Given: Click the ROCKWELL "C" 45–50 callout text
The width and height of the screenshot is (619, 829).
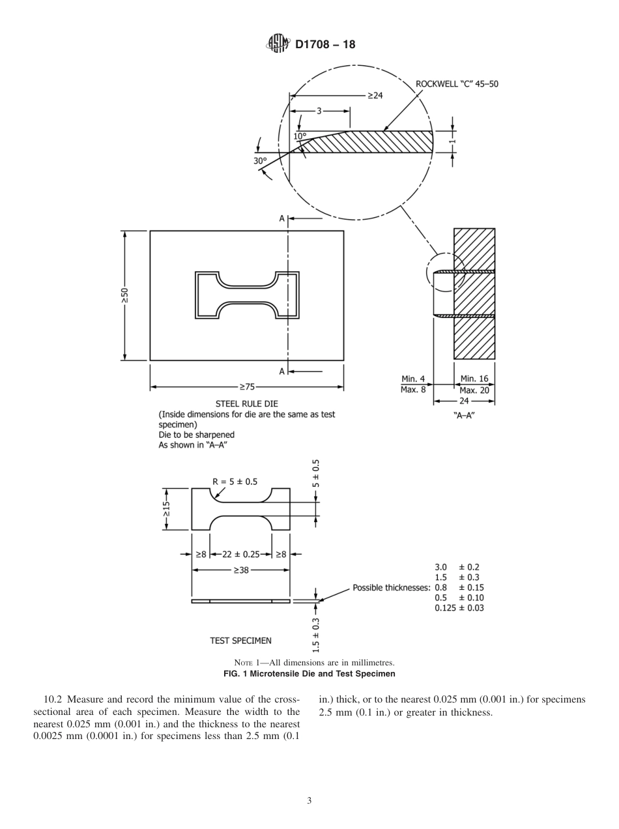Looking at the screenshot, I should coord(457,84).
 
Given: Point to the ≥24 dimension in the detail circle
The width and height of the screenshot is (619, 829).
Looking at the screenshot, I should coord(374,95).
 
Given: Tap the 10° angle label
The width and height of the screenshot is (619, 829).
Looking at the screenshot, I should coord(299,136).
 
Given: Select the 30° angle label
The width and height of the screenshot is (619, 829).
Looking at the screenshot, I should coord(261,160).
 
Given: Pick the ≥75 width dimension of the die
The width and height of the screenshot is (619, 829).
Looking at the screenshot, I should coord(246,387).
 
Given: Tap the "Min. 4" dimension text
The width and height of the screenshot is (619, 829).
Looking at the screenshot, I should coord(413,379).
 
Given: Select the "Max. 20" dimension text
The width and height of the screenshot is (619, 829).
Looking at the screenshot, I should coord(474,390).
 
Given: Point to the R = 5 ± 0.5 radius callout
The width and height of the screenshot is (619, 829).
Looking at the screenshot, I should coord(235,482).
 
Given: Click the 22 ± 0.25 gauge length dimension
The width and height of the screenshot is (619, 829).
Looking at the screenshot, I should coord(241,555).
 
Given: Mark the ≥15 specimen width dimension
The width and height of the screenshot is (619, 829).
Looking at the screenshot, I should coord(167,509).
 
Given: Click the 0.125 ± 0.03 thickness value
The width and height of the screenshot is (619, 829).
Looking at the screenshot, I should coord(459,608).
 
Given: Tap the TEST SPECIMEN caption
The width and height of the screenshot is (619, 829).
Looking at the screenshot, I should coord(240,641).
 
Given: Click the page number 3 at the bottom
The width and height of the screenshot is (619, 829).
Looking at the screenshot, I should coord(309,801).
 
